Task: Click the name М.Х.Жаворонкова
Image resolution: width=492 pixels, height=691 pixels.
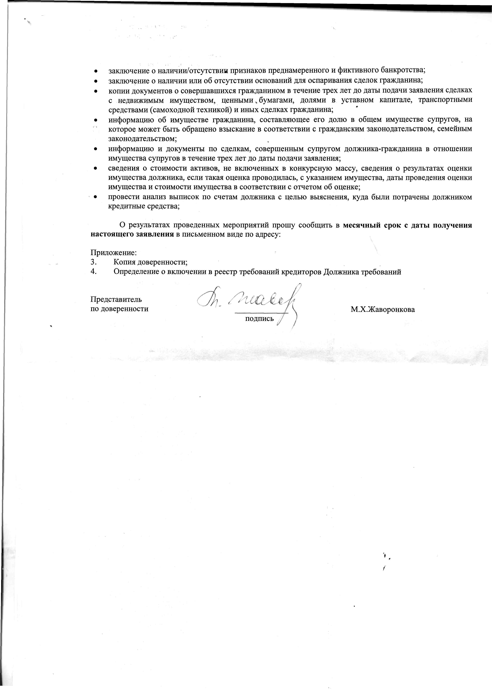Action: click(x=383, y=310)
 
